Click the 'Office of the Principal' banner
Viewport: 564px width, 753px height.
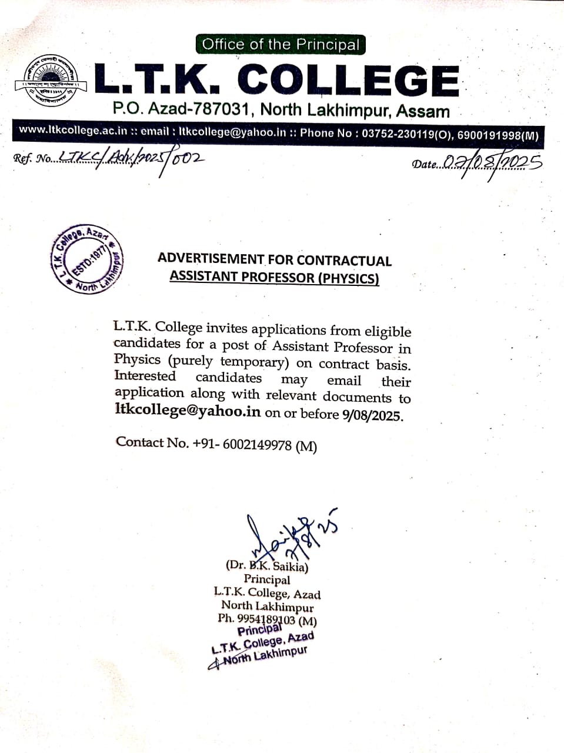281,45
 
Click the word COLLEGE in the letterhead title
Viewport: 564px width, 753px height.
348,80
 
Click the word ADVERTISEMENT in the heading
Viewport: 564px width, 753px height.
211,259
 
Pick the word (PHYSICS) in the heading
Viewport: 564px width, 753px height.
348,278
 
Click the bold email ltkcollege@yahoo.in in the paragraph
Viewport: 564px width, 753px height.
188,411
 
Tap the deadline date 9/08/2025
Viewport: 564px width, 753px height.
372,415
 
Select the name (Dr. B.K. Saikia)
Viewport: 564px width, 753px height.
267,567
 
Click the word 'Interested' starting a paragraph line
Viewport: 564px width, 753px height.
145,376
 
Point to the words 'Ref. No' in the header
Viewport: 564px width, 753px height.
32,159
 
